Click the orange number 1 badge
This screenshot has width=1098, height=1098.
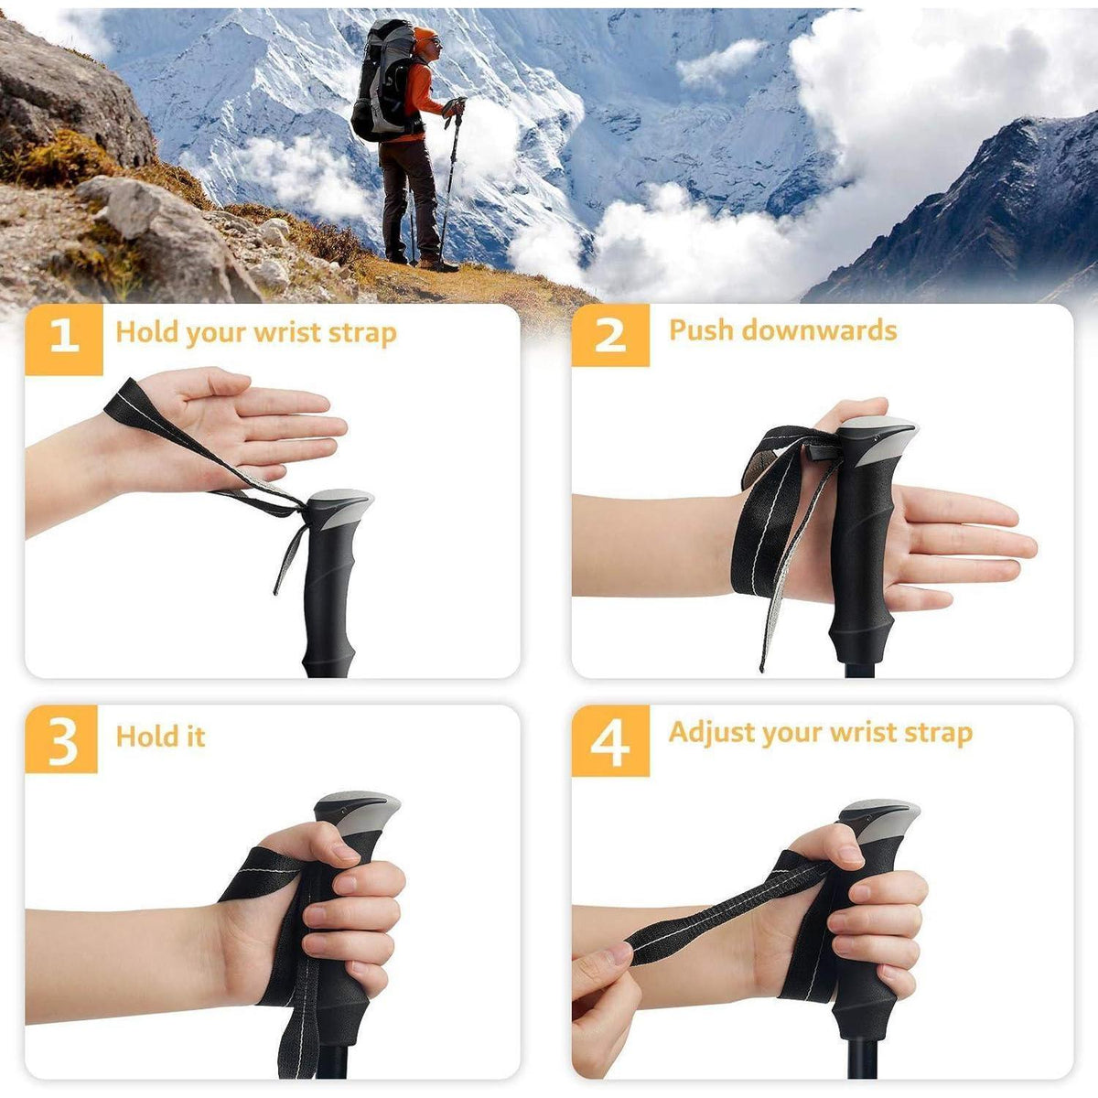coord(64,339)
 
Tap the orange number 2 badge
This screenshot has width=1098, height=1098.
coord(610,335)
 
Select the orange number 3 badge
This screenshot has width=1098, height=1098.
coord(61,739)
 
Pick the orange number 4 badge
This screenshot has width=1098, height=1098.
coord(610,741)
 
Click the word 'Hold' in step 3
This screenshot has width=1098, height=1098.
coord(140,736)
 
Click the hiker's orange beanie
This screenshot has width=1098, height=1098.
coord(424,37)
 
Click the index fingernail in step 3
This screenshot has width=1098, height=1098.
coord(346,852)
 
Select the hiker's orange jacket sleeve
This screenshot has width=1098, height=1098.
coord(425,92)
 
